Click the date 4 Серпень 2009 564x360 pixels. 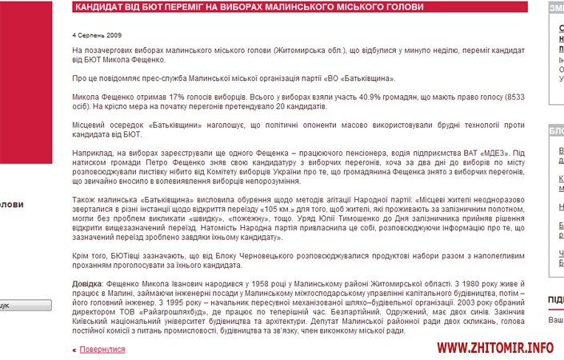coord(96,36)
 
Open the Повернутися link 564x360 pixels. coord(102,350)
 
